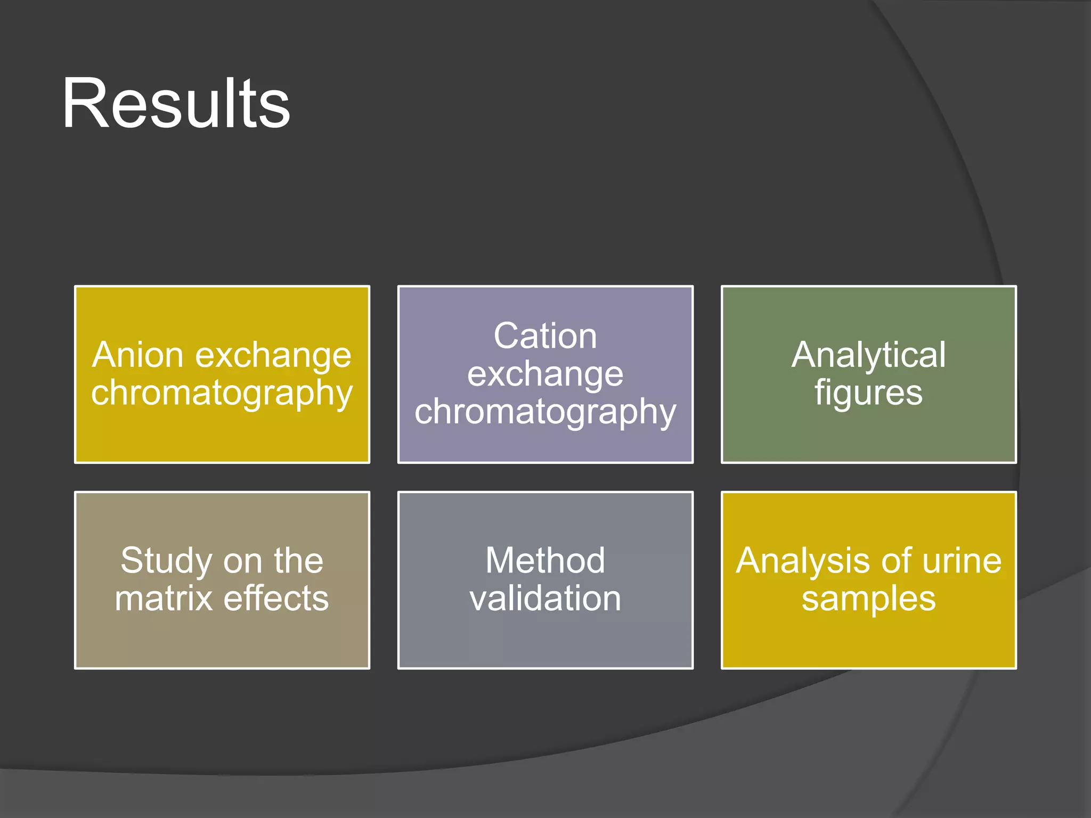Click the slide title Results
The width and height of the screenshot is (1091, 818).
tap(176, 104)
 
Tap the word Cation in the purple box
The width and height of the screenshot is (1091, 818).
tap(545, 336)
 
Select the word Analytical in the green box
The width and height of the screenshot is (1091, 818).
tap(868, 355)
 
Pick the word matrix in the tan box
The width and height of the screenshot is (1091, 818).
tap(164, 599)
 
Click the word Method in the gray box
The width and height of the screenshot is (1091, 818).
tap(545, 561)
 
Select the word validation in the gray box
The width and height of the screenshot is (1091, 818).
tap(545, 599)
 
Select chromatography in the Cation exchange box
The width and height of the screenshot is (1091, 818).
tap(545, 413)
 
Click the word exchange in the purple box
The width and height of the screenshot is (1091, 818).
tap(545, 374)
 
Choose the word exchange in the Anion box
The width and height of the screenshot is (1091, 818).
tap(273, 356)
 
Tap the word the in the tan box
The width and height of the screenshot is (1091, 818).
tap(298, 561)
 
